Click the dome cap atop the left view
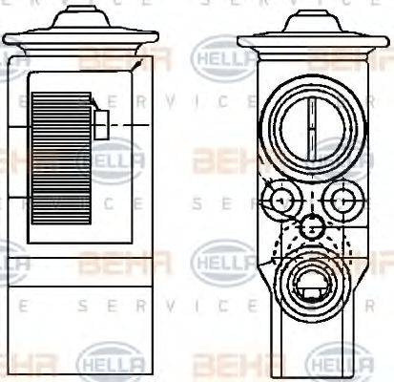point(80,19)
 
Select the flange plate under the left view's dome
point(80,39)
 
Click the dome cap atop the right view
point(312,19)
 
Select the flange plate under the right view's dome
point(312,39)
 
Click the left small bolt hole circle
point(281,200)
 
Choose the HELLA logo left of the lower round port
point(223,261)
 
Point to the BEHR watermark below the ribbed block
point(125,261)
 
